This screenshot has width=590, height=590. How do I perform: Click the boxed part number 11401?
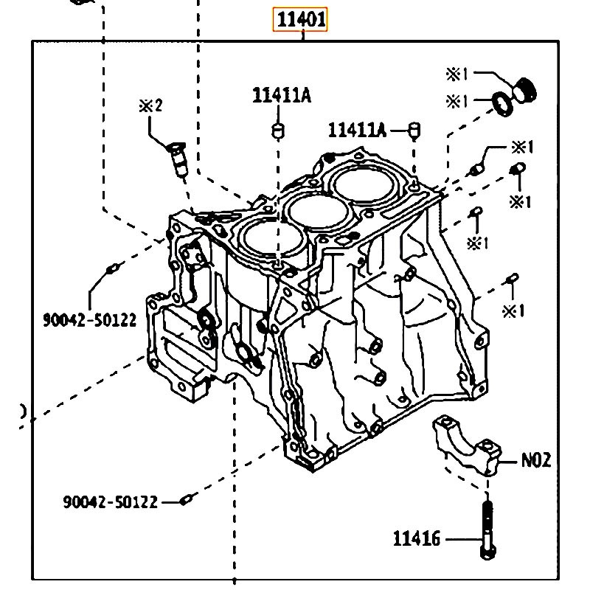click(300, 19)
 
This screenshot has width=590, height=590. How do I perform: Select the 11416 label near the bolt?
click(416, 538)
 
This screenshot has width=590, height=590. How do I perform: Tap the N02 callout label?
click(536, 459)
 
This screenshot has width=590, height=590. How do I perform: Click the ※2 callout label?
click(150, 105)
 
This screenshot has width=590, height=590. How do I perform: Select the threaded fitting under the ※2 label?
click(178, 159)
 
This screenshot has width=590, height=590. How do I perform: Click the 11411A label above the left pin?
click(282, 95)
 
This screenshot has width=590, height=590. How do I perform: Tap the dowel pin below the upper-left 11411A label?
click(278, 131)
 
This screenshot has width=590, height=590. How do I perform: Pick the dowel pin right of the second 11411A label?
click(414, 131)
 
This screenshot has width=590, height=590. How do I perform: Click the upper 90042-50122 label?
click(89, 320)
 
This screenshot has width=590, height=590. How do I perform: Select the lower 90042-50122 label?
click(110, 502)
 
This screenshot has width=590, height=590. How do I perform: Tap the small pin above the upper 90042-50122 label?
click(113, 268)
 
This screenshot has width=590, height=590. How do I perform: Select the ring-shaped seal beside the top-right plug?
click(503, 103)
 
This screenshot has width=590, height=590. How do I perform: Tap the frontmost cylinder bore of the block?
click(274, 239)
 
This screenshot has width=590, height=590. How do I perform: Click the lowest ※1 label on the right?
click(513, 310)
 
